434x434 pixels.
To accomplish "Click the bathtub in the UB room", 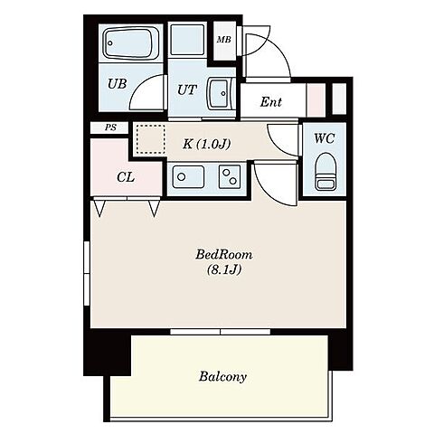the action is tap(131, 43).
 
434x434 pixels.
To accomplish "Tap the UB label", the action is tap(118, 84).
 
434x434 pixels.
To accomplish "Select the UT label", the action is tap(187, 90).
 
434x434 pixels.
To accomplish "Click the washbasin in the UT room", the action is tap(219, 93).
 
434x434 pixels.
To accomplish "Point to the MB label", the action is tap(224, 40).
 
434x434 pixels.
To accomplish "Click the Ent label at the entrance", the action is tap(271, 102).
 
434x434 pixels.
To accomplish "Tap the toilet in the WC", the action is tap(325, 172).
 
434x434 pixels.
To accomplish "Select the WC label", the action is tap(325, 138).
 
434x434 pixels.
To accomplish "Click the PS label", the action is tap(110, 127).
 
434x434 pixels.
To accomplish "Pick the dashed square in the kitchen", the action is tap(151, 139).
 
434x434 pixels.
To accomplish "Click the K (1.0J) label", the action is tap(207, 145).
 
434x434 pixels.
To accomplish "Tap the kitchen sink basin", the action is tap(188, 177).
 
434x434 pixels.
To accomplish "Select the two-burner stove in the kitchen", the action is tap(230, 177).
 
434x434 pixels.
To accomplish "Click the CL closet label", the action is tap(126, 177).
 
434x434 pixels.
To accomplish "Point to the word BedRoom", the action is tap(224, 255).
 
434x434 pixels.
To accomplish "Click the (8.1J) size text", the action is tap(224, 269).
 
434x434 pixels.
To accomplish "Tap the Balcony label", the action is tap(222, 376).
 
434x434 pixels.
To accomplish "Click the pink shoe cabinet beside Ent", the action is tap(316, 99).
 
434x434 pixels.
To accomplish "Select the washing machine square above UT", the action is tap(187, 41).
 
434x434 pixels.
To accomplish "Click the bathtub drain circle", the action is tap(110, 43).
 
